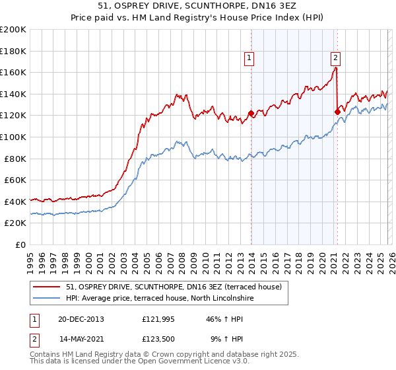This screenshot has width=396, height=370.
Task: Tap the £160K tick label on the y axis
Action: click(x=13, y=72)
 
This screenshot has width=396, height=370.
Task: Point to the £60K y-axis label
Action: click(x=15, y=180)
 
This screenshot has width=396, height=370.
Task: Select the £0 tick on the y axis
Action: click(x=21, y=244)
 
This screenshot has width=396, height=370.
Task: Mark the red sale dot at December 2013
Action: click(x=251, y=113)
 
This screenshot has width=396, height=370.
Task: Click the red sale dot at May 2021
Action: click(x=337, y=112)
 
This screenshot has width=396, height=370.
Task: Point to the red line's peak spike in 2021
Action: click(x=336, y=67)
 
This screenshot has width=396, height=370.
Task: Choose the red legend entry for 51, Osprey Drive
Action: click(x=174, y=287)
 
